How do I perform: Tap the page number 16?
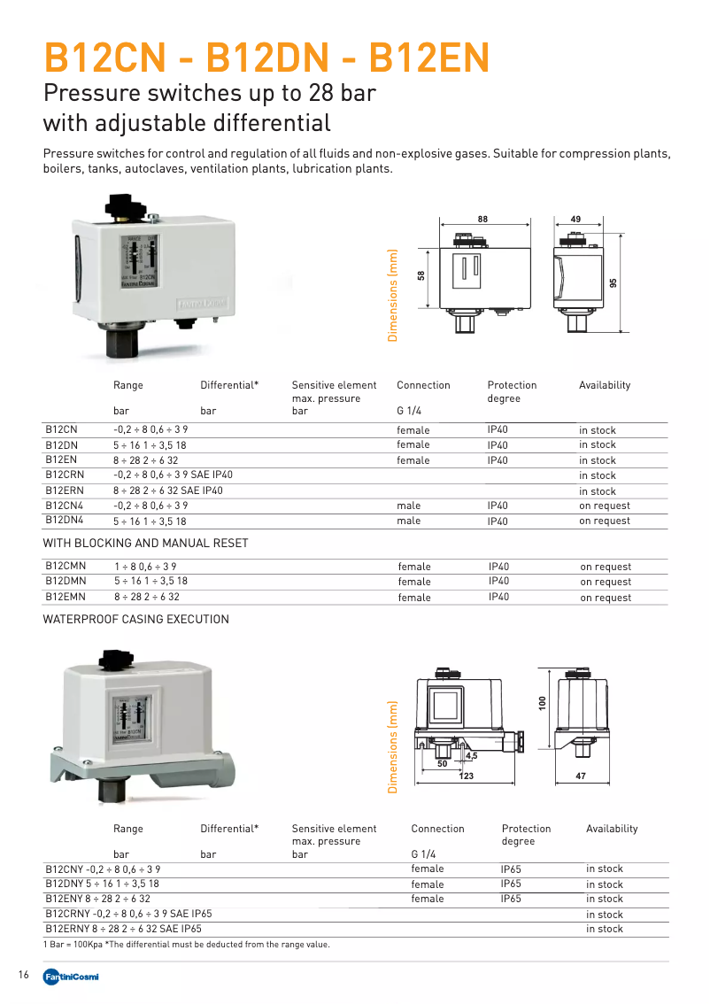(x=24, y=976)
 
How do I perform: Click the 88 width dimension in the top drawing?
(x=482, y=219)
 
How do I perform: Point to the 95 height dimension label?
(x=614, y=282)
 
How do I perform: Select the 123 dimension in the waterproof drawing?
(x=467, y=776)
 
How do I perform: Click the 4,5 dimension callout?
(x=471, y=755)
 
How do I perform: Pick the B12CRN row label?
(x=64, y=475)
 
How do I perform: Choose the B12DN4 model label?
(x=64, y=521)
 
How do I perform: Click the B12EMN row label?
(x=65, y=598)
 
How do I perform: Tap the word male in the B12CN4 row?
(x=409, y=506)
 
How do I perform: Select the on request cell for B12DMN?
(x=606, y=582)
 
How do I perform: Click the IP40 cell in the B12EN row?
(x=498, y=460)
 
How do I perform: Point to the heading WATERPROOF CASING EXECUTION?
(x=136, y=620)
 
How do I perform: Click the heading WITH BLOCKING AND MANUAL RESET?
(x=146, y=543)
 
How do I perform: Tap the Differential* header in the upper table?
(x=229, y=385)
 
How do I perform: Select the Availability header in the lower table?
(x=612, y=829)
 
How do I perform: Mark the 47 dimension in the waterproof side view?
(x=581, y=776)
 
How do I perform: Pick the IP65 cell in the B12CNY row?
(x=511, y=869)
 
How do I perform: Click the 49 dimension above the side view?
(x=575, y=219)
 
